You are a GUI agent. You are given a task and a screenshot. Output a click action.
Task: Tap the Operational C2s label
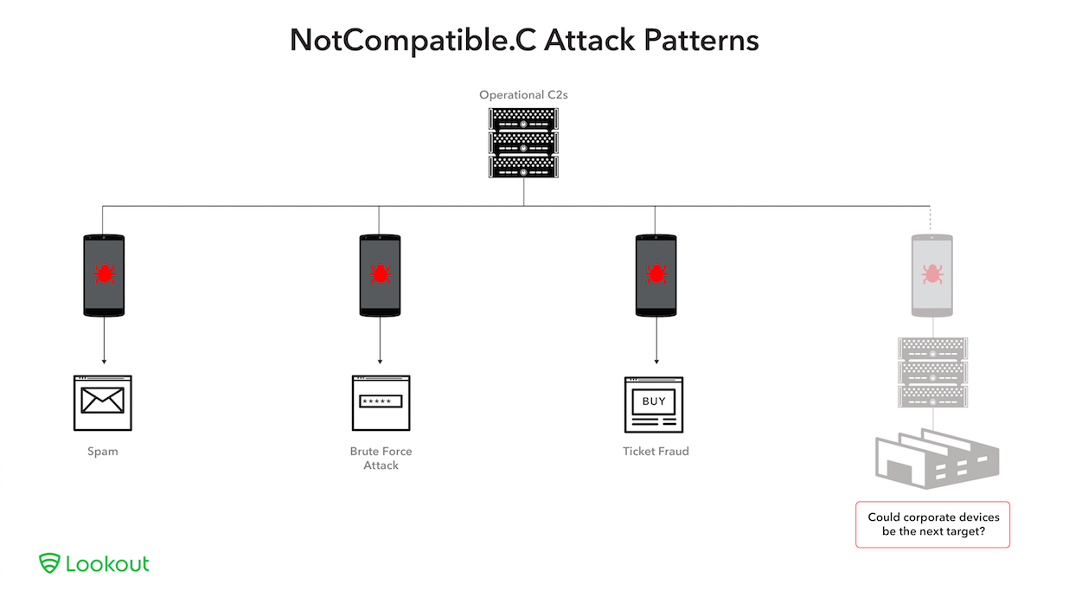pos(522,94)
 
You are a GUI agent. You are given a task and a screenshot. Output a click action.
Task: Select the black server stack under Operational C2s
pos(523,143)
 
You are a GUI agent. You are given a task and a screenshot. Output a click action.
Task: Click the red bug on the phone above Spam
pos(103,274)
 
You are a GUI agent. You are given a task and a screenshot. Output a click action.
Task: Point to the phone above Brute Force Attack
pos(380,274)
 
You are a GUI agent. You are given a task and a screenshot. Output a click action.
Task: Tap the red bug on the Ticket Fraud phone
pos(655,274)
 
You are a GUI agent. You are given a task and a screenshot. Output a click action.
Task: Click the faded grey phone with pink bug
pos(932,274)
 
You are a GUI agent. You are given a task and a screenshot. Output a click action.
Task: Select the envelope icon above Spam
pos(103,401)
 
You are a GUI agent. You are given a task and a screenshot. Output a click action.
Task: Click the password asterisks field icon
pos(381,401)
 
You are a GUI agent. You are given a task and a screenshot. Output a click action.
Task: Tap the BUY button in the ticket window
pos(654,401)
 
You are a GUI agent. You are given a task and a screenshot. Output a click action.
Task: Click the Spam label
pos(103,452)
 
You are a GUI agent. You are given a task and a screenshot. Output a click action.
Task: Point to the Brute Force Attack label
pos(381,459)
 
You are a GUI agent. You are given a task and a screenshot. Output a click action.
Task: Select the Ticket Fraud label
pos(656,452)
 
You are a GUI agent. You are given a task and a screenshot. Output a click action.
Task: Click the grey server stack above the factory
pos(932,373)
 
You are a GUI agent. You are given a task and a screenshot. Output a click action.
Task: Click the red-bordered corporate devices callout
pos(932,524)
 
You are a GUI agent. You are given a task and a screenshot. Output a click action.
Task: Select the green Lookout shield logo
pos(49,563)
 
